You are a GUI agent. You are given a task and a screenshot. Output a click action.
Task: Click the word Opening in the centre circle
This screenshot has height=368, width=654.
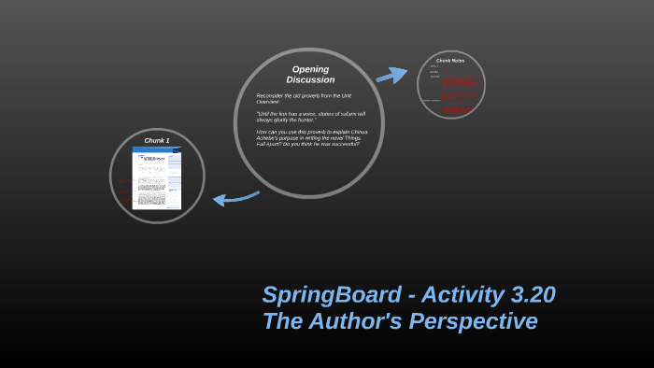click(310, 69)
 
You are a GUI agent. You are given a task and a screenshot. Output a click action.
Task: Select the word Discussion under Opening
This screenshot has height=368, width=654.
click(310, 80)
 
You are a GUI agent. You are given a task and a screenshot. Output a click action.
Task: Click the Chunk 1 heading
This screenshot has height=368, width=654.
click(157, 140)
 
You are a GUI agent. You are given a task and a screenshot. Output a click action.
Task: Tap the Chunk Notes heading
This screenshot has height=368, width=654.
click(450, 61)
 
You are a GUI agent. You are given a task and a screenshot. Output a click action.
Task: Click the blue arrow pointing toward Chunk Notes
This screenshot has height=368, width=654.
click(391, 75)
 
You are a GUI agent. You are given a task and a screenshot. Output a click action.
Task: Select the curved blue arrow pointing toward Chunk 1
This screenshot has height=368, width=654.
click(235, 196)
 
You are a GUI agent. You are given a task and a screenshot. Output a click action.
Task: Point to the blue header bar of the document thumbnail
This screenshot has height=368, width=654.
click(157, 149)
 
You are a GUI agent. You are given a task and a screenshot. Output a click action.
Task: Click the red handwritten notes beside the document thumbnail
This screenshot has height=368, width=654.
click(124, 191)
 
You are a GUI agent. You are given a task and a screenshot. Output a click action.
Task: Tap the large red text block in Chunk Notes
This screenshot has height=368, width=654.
click(460, 81)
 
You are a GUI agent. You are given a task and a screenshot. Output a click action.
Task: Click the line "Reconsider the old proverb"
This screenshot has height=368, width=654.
click(304, 95)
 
